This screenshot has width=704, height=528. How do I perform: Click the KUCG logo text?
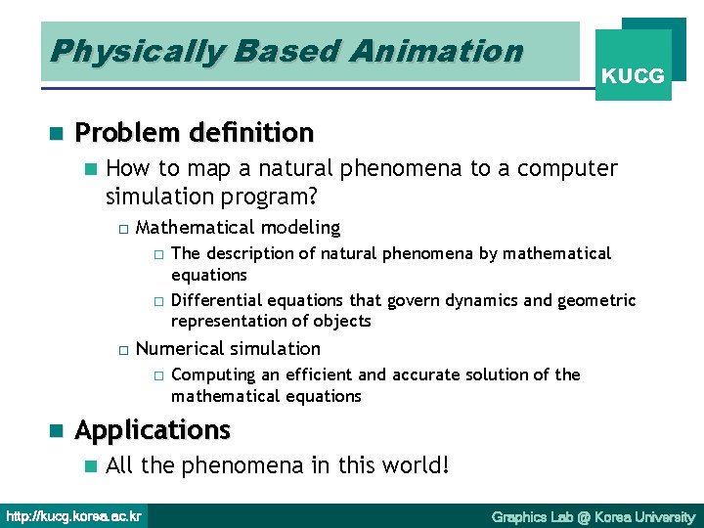[634, 75]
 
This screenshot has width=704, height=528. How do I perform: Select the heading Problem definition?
[194, 132]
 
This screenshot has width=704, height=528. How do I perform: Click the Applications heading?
[153, 430]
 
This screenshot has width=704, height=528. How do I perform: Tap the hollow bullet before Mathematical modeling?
[122, 229]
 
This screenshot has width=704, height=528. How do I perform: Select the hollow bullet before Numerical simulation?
[122, 350]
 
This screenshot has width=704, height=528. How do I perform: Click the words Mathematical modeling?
[238, 228]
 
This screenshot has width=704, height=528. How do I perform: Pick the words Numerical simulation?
[228, 349]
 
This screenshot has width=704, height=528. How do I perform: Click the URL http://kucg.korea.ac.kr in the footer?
[74, 516]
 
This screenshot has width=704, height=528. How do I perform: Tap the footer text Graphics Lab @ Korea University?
[593, 516]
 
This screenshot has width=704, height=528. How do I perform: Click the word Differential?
[212, 300]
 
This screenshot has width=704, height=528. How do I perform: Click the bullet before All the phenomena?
[90, 465]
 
